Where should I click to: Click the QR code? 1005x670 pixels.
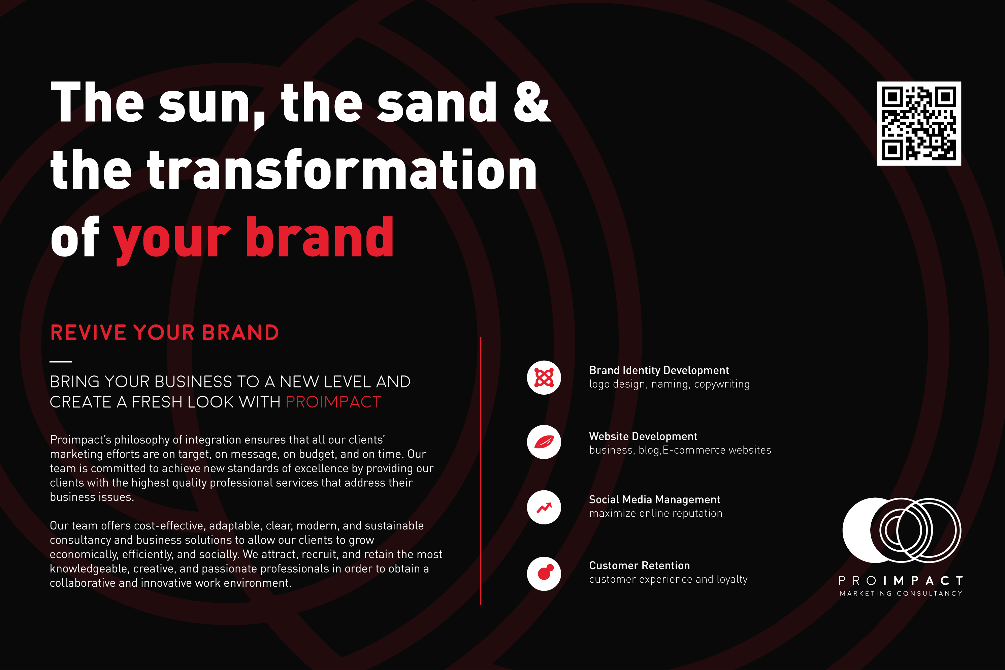click(919, 123)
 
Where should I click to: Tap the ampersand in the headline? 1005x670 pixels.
click(532, 102)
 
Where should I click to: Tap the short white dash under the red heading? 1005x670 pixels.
click(61, 362)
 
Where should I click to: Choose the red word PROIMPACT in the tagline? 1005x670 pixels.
click(333, 402)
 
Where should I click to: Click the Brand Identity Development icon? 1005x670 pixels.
click(544, 378)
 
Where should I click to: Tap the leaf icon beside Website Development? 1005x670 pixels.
click(544, 442)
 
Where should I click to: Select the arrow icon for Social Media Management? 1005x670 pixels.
click(544, 507)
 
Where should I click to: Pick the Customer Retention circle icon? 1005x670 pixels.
click(544, 574)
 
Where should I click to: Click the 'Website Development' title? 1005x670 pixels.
click(643, 436)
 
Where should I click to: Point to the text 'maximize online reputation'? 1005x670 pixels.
click(656, 513)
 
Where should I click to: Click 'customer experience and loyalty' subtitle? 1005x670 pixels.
click(668, 579)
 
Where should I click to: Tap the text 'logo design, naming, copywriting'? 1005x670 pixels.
click(670, 384)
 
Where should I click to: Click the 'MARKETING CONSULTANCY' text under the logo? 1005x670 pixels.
click(901, 593)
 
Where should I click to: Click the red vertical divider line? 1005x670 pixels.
click(481, 471)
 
